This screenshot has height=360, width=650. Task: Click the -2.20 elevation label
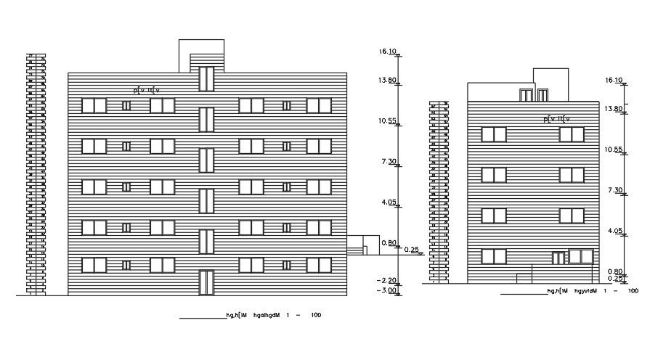[387, 280]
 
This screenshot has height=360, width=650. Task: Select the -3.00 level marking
[387, 290]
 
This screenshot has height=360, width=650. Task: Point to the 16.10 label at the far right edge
[614, 81]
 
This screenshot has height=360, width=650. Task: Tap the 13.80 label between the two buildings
[387, 81]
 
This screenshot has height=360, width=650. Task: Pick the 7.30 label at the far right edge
[614, 190]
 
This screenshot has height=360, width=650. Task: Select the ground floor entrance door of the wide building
[206, 283]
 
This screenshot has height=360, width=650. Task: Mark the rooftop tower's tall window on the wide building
[206, 78]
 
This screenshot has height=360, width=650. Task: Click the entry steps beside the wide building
[355, 250]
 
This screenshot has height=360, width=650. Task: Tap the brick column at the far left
[31, 174]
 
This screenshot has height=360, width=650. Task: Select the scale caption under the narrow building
[592, 291]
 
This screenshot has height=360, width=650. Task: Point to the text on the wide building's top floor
[146, 91]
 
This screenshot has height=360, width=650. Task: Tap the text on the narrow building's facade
[557, 118]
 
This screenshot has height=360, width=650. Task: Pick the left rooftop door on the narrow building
[525, 94]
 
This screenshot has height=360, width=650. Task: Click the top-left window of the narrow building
[494, 134]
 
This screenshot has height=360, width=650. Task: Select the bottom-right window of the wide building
[319, 266]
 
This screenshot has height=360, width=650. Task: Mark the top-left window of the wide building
[94, 105]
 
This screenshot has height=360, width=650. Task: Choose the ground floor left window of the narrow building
[494, 256]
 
